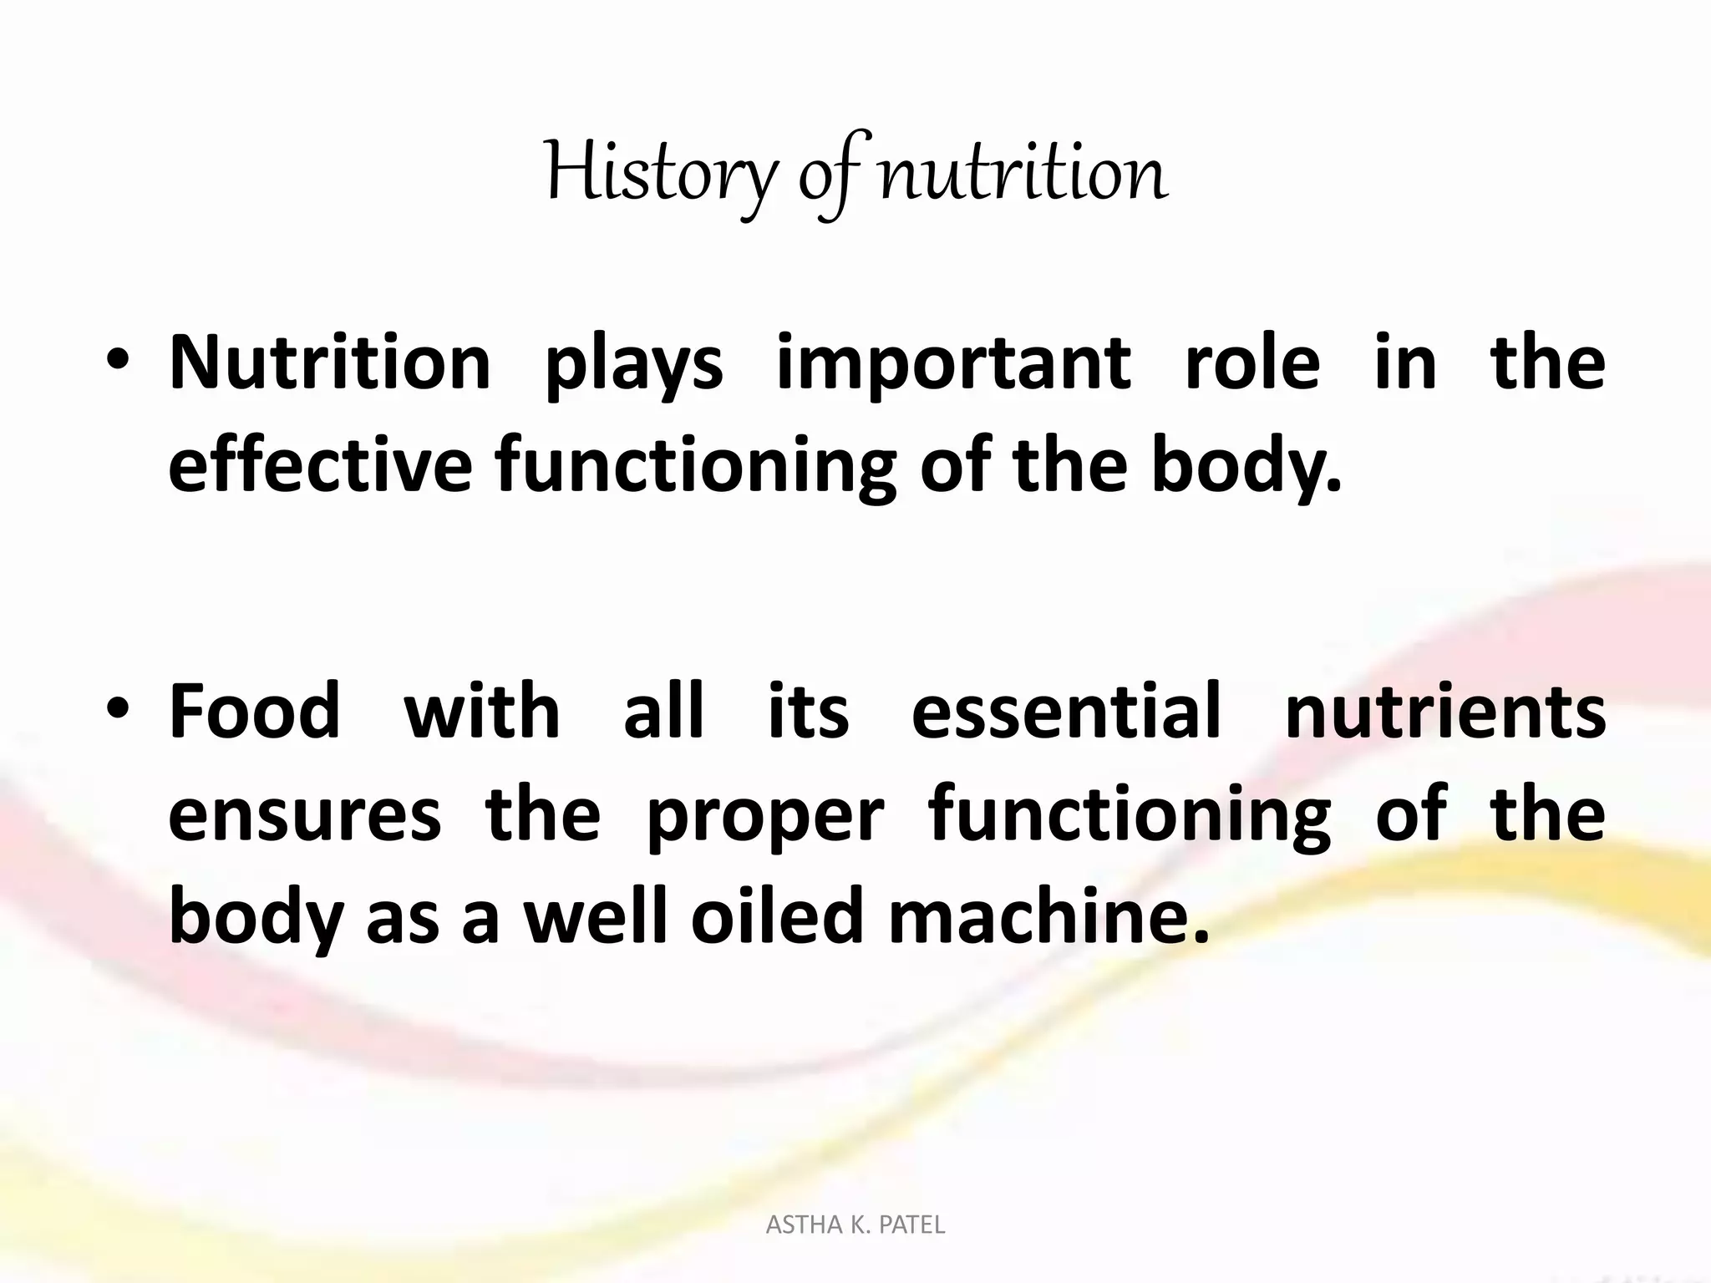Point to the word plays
click(x=633, y=368)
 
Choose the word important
click(x=953, y=368)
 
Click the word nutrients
click(x=1444, y=712)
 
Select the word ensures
click(x=304, y=815)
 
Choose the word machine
click(x=1048, y=917)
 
